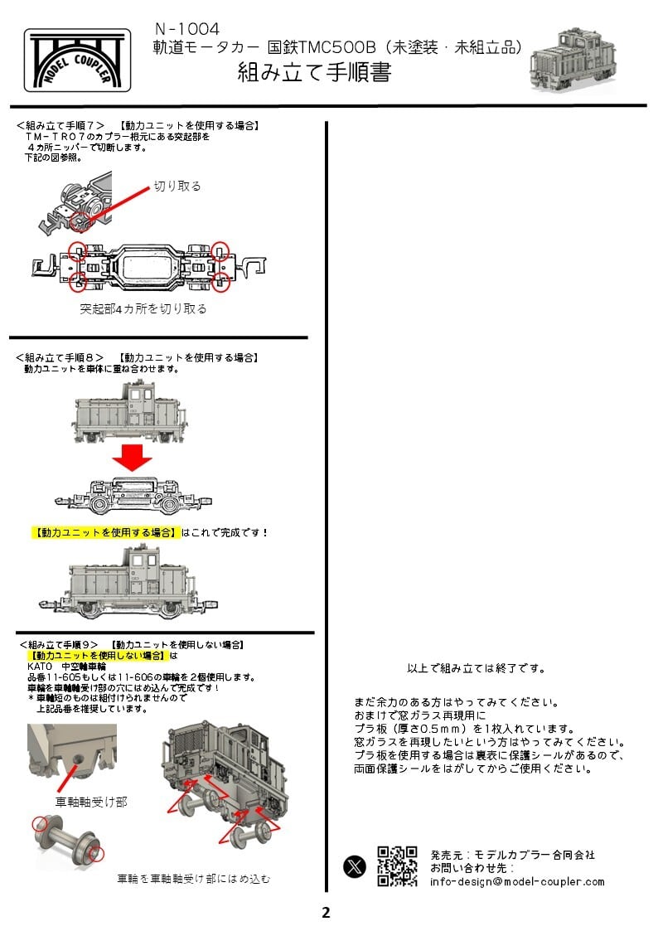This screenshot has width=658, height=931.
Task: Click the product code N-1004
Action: pos(186,30)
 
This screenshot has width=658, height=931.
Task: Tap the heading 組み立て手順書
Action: pos(314,72)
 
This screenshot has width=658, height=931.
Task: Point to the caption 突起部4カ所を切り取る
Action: pos(143,308)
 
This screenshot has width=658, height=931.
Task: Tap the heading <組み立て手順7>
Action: pos(60,125)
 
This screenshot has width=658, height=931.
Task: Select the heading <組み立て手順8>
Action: pos(60,357)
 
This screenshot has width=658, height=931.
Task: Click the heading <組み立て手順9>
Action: pos(63,644)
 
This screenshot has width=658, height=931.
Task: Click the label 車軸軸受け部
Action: pos(91,802)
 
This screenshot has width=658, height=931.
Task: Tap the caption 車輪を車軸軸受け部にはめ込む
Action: pos(193,878)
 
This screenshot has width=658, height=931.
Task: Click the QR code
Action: pos(397,866)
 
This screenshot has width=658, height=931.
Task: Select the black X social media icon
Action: pos(355,866)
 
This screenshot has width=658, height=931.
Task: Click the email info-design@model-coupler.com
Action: pos(517,881)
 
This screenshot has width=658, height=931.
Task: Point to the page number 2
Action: pos(326,913)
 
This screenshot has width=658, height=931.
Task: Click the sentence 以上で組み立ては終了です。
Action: pos(477,668)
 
